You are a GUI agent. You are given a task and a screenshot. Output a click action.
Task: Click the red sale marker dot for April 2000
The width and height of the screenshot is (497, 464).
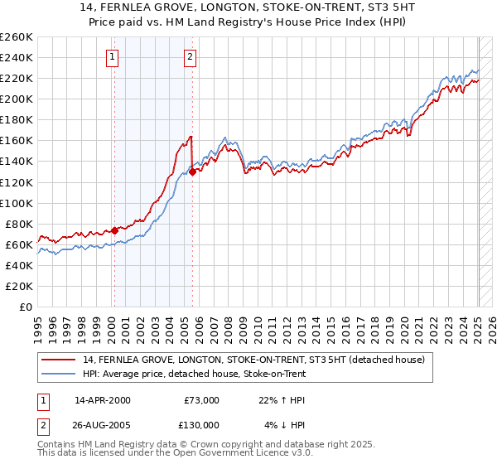click(114, 230)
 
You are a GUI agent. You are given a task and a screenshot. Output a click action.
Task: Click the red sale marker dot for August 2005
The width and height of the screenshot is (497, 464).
click(192, 172)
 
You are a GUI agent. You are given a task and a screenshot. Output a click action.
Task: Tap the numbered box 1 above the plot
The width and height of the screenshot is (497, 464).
click(112, 57)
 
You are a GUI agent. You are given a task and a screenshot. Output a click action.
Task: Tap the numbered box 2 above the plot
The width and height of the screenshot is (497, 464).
click(190, 57)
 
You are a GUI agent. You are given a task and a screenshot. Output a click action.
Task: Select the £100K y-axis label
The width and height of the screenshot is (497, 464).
click(17, 203)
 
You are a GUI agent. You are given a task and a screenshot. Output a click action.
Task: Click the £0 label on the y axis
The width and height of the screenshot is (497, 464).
click(26, 307)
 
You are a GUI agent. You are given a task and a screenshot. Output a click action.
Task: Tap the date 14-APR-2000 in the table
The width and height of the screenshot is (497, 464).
click(102, 399)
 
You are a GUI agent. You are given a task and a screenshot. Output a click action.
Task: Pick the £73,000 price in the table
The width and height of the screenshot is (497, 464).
click(200, 399)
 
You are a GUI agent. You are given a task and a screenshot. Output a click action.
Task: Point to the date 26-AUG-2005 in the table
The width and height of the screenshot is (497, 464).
click(102, 424)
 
